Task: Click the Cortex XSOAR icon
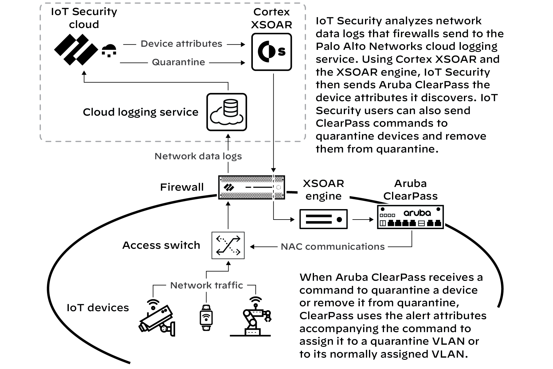(272, 52)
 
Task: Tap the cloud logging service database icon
(227, 112)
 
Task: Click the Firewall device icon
(251, 187)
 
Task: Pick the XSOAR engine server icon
(324, 219)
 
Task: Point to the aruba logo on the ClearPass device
(417, 213)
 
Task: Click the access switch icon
(228, 245)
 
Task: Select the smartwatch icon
(206, 318)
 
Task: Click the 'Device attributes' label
(181, 44)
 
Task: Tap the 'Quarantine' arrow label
(178, 62)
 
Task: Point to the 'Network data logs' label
(198, 156)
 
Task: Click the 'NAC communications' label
(333, 247)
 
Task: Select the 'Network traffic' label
(206, 285)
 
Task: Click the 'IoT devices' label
(98, 308)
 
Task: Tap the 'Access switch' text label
(161, 245)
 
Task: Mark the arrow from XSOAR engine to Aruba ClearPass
(363, 220)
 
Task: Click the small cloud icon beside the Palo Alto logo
(109, 51)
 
